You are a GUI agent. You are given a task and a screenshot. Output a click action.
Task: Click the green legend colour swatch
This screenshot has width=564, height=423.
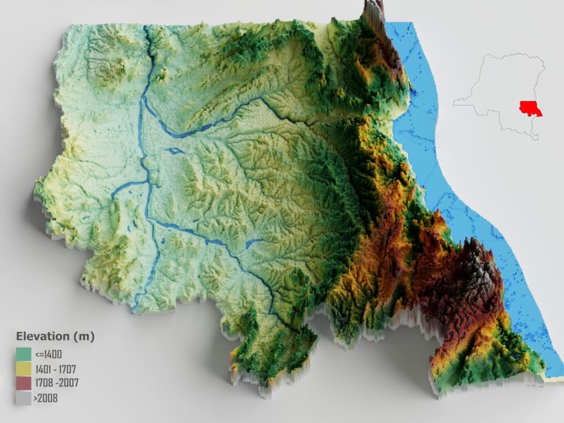click(24, 354)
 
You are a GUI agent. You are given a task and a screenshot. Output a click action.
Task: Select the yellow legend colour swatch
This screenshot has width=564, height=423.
click(24, 369)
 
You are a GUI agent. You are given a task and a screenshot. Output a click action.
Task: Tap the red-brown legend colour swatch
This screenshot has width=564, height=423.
click(24, 384)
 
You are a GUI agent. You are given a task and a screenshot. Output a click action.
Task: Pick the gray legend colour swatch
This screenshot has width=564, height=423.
click(24, 398)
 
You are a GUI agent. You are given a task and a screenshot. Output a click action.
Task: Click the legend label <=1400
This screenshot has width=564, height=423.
click(48, 355)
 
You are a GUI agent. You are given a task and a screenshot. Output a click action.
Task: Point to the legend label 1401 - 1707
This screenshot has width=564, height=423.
click(55, 369)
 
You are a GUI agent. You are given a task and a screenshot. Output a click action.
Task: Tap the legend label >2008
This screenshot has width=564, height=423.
click(46, 398)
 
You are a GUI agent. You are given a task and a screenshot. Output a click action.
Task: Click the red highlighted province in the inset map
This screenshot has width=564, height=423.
click(530, 108)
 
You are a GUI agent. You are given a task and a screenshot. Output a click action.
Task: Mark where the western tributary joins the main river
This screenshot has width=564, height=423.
click(148, 182)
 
